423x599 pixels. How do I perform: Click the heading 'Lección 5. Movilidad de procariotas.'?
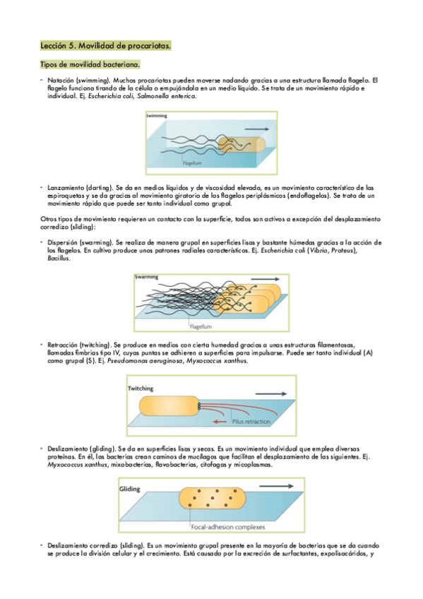click(105, 46)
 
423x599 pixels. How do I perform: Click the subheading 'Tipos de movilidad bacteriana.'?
click(90, 64)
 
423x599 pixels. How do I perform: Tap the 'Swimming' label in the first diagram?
click(157, 115)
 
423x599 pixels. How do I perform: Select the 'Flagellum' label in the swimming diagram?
click(192, 163)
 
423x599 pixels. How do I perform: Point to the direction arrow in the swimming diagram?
click(256, 129)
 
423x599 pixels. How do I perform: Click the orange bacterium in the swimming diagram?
click(242, 146)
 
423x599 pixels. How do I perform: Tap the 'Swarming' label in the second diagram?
click(146, 277)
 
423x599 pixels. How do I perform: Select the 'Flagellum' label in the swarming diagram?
click(201, 326)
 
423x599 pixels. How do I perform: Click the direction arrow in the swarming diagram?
click(265, 279)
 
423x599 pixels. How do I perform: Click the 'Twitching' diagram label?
click(141, 389)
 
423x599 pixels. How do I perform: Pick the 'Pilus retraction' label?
click(251, 422)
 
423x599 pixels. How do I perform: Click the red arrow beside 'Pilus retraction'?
click(220, 422)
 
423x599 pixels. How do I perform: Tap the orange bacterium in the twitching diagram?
click(169, 406)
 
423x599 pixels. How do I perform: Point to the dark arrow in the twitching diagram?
click(271, 394)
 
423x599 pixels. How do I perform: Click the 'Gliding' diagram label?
click(130, 489)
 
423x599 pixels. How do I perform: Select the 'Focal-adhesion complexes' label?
click(228, 527)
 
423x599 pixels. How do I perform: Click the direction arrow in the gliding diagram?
click(276, 486)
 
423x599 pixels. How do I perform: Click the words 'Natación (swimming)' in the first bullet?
click(78, 81)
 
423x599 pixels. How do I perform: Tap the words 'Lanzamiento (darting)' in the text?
click(81, 188)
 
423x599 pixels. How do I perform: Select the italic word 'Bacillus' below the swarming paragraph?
click(59, 259)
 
